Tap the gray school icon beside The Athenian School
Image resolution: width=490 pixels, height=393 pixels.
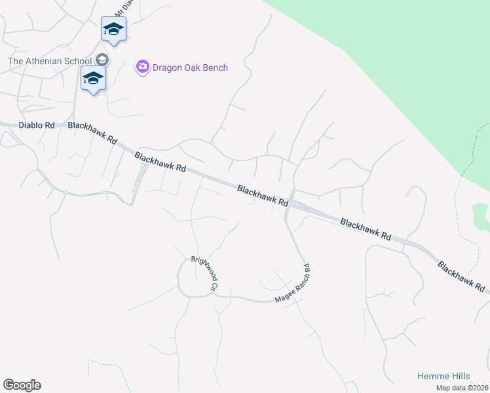tap(102, 60)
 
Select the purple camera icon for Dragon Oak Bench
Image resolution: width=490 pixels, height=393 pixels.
tap(142, 67)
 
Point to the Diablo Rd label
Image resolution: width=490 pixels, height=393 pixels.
tap(37, 124)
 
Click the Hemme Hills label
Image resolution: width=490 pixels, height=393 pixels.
tap(443, 377)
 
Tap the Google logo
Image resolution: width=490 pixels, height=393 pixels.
tap(22, 385)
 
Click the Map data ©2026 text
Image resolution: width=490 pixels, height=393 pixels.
tap(462, 388)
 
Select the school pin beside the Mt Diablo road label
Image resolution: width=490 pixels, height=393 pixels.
tap(113, 29)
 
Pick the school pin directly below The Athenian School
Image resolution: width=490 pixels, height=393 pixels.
tap(93, 79)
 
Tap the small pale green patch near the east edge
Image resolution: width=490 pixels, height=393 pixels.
tap(481, 216)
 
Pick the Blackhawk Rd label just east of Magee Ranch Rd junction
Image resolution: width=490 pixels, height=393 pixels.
tap(366, 230)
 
